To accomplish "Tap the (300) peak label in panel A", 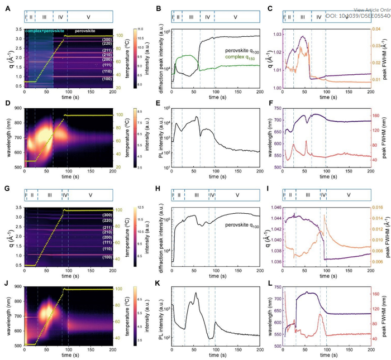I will pyautogui.click(x=107, y=40).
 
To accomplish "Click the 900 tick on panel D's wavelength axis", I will pyautogui.click(x=18, y=108).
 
